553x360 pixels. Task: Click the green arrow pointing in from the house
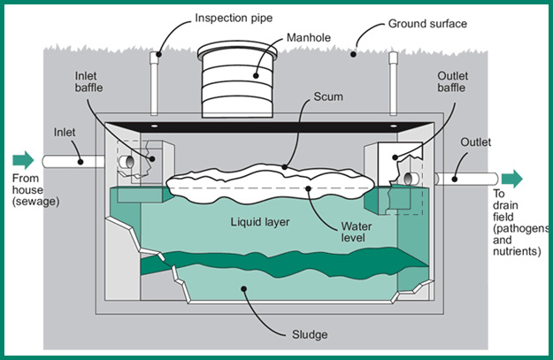(23, 160)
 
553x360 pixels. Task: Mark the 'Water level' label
(354, 233)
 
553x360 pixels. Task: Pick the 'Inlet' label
(64, 132)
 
